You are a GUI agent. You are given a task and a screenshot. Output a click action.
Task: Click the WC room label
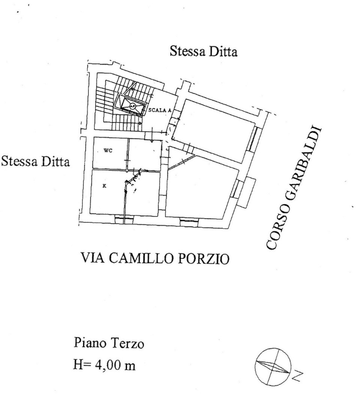[x=108, y=151]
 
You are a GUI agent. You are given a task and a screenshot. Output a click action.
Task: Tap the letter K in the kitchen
[x=104, y=186]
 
